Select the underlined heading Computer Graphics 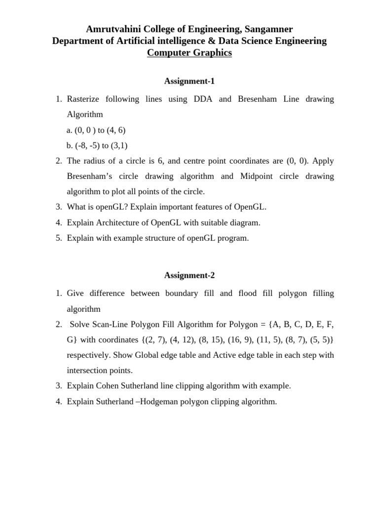point(189,53)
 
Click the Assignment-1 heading point(189,81)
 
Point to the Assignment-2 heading point(189,275)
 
